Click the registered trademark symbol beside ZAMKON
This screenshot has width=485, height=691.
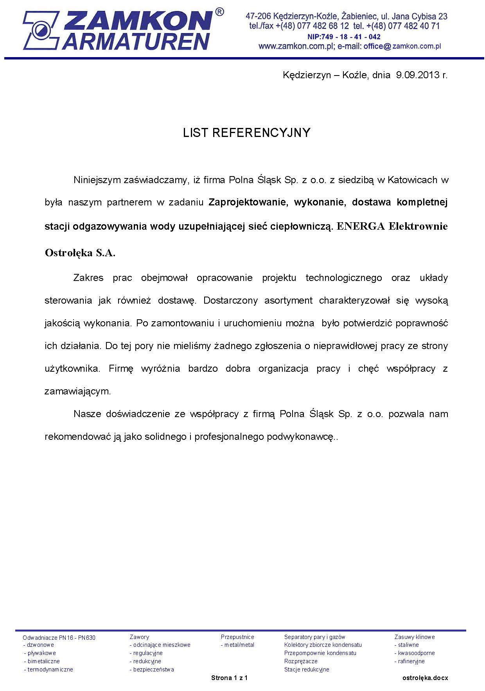[219, 13]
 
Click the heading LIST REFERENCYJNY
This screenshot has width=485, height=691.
[246, 133]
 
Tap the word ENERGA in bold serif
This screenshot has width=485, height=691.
[359, 227]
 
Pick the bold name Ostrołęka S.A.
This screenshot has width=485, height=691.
[80, 253]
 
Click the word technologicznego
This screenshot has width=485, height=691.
[344, 278]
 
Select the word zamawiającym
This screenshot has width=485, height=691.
[78, 391]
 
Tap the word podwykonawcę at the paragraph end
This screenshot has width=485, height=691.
[300, 437]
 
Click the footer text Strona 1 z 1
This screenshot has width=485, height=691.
[229, 678]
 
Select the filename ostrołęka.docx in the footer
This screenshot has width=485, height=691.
[425, 678]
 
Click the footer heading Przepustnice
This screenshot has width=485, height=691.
[237, 637]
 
